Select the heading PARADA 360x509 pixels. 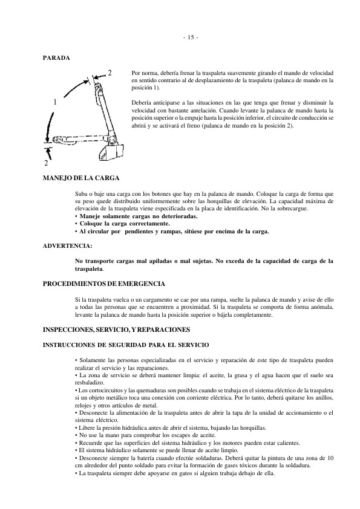[56, 58]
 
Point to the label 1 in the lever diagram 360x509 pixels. [55, 102]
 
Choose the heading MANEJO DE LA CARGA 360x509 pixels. [80, 178]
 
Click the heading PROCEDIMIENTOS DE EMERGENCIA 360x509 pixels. [103, 284]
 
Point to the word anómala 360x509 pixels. [321, 307]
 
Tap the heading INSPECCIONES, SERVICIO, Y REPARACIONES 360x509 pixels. [116, 329]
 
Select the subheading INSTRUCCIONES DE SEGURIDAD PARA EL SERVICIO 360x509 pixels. [126, 345]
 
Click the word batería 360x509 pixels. [154, 458]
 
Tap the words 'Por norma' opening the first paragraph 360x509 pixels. [144, 73]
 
